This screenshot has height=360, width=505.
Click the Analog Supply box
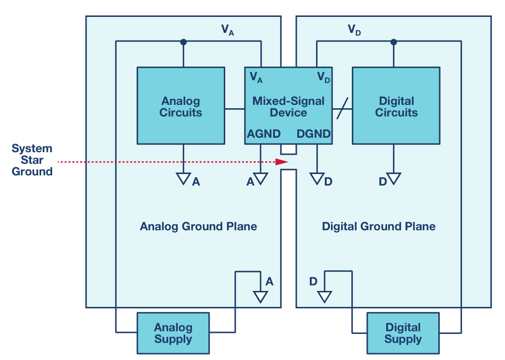coord(173,333)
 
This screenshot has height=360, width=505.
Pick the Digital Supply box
coord(403,333)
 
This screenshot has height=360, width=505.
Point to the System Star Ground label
coord(32,160)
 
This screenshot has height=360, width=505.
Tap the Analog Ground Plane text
coord(198,226)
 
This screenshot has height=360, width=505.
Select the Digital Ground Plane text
coord(378,226)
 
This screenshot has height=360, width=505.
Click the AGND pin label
coord(264,134)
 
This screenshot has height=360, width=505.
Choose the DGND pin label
coord(314,134)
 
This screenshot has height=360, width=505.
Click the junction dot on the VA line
coord(183,42)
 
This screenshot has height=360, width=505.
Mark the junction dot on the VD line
coord(393,42)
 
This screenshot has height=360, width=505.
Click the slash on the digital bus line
coord(342,109)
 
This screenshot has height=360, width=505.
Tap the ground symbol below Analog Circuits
coord(183,179)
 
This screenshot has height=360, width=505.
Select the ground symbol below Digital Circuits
coord(393,179)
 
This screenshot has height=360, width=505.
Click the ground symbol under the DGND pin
coord(317,179)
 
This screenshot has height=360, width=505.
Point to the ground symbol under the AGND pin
coord(261,179)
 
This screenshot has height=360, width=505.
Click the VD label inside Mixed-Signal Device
coord(323,77)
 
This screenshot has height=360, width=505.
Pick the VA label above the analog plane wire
coord(228,30)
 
